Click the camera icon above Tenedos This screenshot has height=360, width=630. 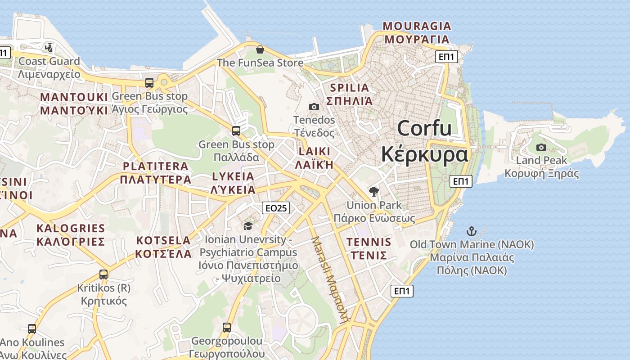point(314,107)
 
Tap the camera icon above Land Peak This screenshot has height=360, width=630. point(541,147)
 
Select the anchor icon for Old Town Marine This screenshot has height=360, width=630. point(471,232)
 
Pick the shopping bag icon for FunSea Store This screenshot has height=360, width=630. point(260,49)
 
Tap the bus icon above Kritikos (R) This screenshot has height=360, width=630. point(103,274)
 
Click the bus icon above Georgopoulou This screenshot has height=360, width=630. point(227,327)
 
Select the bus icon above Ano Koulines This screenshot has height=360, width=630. point(32,328)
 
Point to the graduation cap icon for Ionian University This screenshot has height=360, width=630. point(248,226)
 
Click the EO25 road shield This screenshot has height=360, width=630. point(276,208)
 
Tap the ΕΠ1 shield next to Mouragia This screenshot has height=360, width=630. point(447,57)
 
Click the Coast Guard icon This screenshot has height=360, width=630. point(49,47)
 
